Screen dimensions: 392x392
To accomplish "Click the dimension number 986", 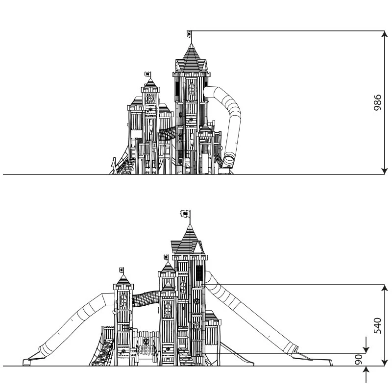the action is coord(377,102).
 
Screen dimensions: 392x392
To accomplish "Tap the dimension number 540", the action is coord(377,326).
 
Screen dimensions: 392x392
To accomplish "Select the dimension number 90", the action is coord(359,359).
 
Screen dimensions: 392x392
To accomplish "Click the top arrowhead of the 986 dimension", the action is coord(384,34).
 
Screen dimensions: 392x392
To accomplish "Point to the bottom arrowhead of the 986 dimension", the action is coord(384,171).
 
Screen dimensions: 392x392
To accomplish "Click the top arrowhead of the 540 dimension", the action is coord(385,288).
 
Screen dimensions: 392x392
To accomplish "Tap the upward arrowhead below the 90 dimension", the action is coord(366,370).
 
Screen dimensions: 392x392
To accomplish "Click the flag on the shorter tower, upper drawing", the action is coord(148,74).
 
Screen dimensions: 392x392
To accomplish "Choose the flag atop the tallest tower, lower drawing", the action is coord(185,214).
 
